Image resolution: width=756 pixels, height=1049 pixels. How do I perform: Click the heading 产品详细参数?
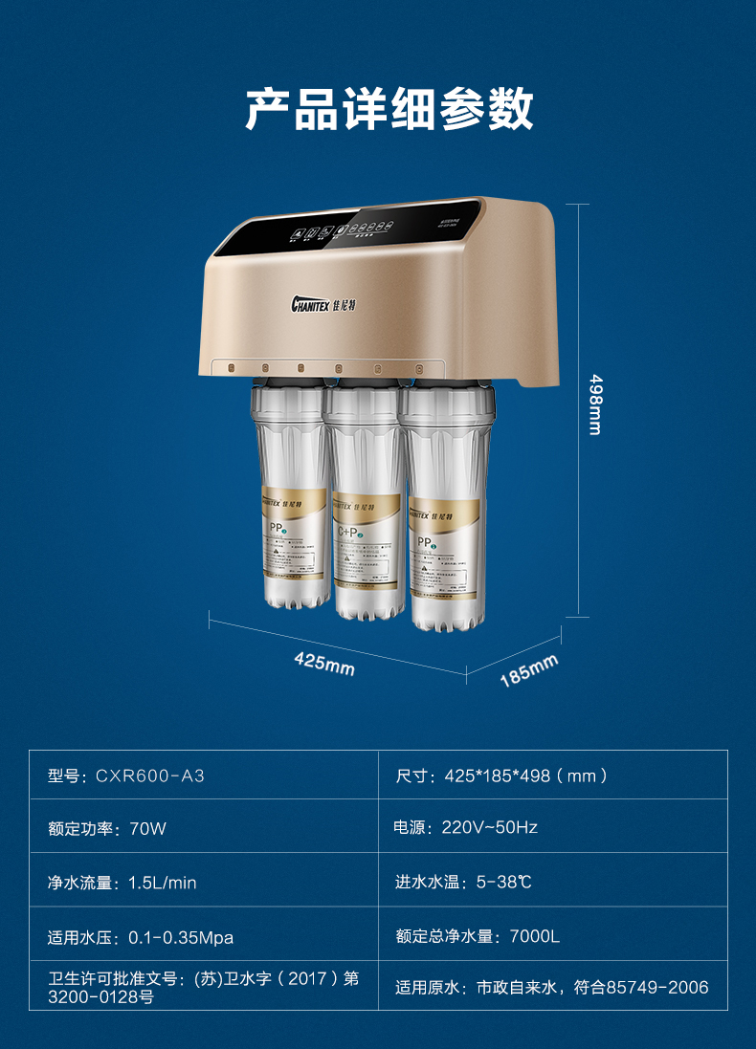(x=389, y=111)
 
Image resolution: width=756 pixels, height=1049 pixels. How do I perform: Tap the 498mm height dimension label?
(x=595, y=403)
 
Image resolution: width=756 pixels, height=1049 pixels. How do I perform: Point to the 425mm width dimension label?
(x=324, y=662)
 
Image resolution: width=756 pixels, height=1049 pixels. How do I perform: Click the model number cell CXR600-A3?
(x=126, y=776)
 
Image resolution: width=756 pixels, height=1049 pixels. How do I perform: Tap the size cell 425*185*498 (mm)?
(x=501, y=776)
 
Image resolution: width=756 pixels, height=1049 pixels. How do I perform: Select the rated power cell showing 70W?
(x=107, y=828)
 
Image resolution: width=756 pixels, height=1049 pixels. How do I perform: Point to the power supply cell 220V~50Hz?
(x=466, y=827)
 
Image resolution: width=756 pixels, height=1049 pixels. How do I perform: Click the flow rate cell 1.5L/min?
(x=122, y=883)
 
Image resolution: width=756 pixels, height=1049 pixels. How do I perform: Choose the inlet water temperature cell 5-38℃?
(x=463, y=882)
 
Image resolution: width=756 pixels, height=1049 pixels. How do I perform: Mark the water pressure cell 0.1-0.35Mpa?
(x=141, y=936)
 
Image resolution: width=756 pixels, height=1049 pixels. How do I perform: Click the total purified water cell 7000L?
(x=478, y=936)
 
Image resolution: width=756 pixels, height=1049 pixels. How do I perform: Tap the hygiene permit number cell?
(x=203, y=988)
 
